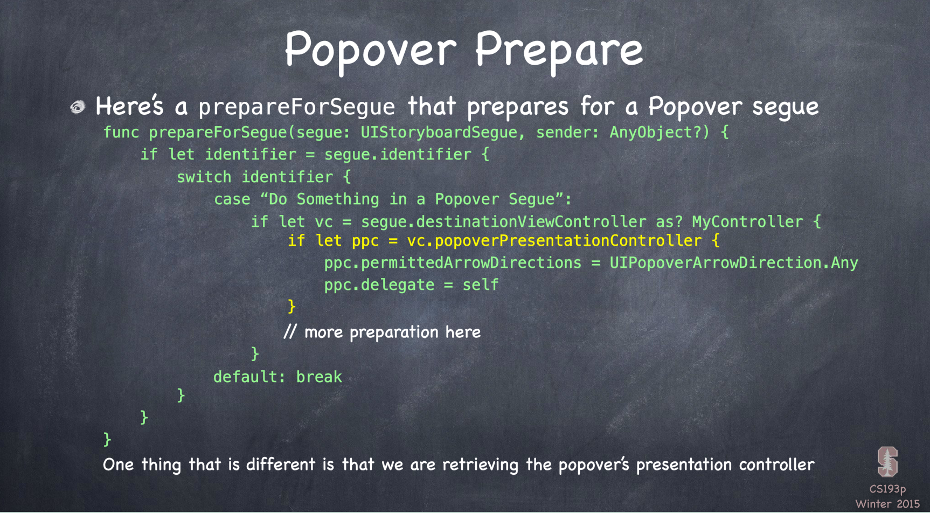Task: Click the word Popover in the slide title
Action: tap(371, 50)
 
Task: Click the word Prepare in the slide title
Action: tap(559, 50)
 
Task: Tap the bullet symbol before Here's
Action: tap(78, 107)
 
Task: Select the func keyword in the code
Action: tap(121, 133)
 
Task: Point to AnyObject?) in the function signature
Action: tap(660, 133)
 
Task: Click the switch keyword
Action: tap(204, 177)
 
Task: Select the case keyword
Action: tap(232, 200)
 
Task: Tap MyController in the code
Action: tap(747, 222)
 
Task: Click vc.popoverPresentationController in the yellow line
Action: tap(554, 241)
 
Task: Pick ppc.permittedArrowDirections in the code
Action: tap(453, 263)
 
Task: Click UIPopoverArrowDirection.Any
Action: tap(733, 263)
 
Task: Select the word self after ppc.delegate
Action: tap(481, 285)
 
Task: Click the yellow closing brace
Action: tap(292, 307)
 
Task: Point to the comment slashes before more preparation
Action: tap(290, 332)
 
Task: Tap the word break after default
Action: tap(319, 377)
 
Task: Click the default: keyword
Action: tap(249, 377)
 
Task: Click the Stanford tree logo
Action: tap(887, 462)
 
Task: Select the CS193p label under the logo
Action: tap(887, 489)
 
